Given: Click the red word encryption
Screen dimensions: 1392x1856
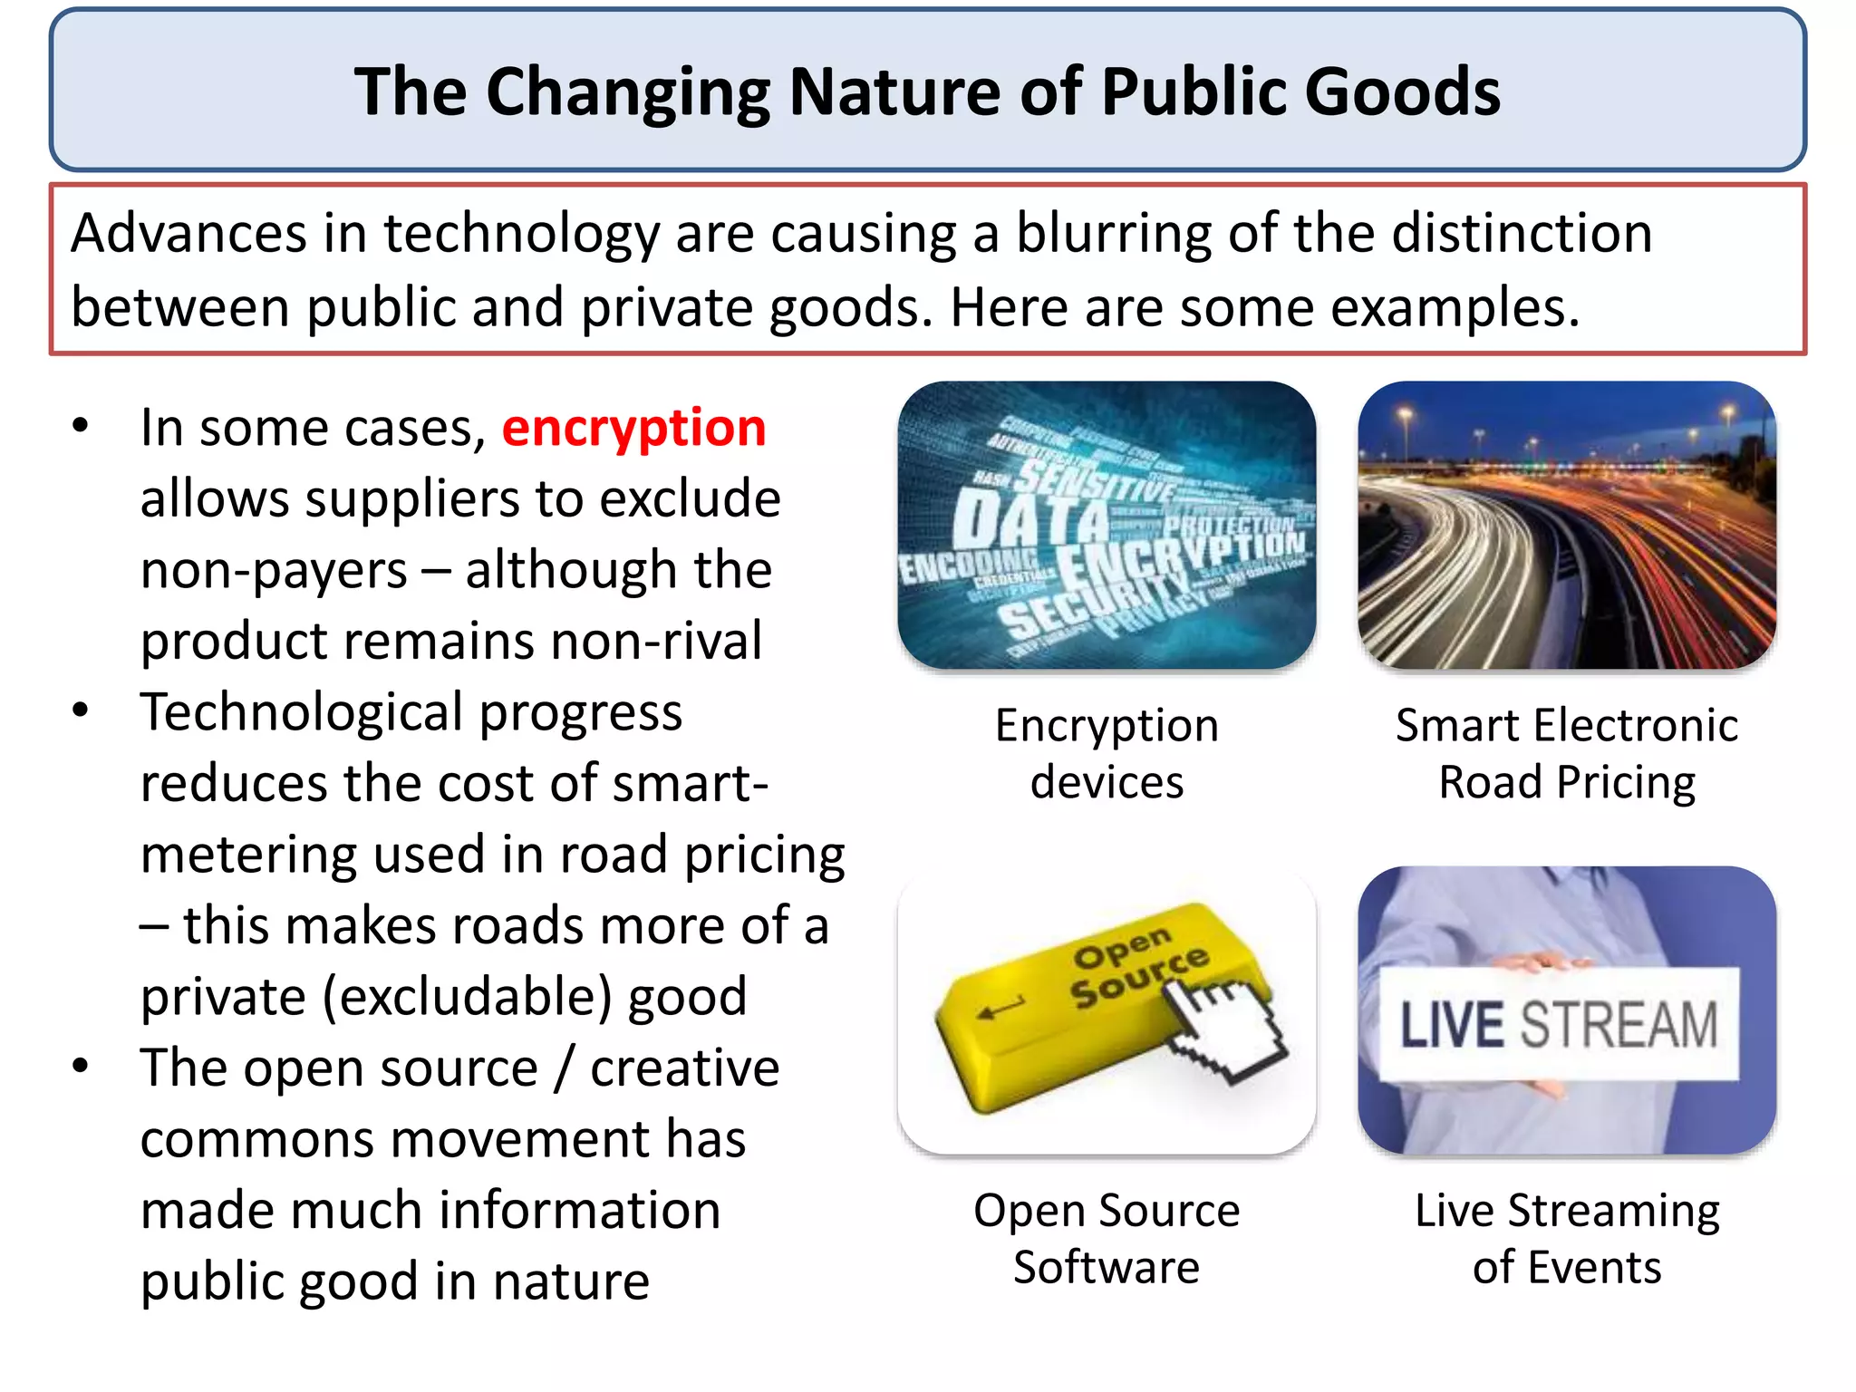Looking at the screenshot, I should point(633,429).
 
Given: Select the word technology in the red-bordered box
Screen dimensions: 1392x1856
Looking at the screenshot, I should point(521,234).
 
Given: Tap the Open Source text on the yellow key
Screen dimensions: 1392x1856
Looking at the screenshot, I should point(1137,966).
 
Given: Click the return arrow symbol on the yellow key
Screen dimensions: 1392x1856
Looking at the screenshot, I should point(1001,1007).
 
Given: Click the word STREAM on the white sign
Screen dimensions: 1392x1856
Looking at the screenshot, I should point(1619,1025).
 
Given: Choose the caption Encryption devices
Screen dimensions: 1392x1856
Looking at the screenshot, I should point(1107,753).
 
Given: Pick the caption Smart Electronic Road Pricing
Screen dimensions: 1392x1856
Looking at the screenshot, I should point(1567,753).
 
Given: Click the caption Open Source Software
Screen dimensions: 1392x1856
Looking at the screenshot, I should point(1107,1238).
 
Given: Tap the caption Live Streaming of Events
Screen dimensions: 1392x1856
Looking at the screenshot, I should point(1567,1238).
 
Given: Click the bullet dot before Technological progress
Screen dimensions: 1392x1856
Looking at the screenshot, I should point(81,710).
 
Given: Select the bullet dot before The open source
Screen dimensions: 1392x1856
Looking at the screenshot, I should point(81,1066).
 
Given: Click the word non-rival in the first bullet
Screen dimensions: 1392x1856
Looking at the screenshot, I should point(656,642).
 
